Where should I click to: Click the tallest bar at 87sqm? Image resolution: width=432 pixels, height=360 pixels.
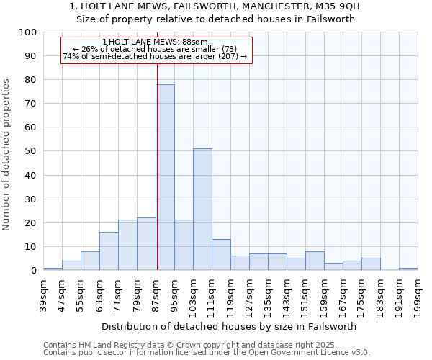click(165, 177)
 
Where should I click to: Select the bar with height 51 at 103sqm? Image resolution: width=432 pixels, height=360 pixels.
click(202, 209)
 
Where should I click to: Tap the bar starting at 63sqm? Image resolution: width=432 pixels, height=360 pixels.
click(109, 251)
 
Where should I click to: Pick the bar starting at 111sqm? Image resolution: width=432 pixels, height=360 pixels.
click(221, 254)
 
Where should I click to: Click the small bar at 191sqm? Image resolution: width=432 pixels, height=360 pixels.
click(408, 269)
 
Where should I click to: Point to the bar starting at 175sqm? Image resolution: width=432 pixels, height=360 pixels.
click(371, 264)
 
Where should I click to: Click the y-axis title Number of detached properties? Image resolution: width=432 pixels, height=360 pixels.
click(7, 155)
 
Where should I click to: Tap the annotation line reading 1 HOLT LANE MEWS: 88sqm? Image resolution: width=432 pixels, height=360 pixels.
click(155, 42)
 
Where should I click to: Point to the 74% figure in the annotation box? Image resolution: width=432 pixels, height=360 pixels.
click(71, 56)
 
